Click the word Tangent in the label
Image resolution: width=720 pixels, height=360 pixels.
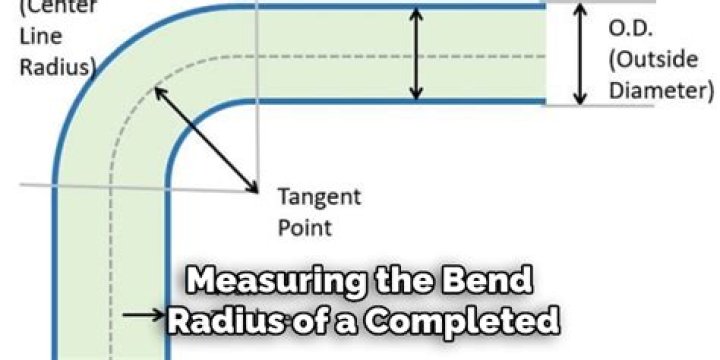(x=319, y=196)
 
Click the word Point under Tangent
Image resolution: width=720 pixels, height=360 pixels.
(x=304, y=226)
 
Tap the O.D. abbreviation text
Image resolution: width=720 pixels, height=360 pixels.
(x=632, y=29)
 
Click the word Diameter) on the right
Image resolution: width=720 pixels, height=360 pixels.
(x=660, y=90)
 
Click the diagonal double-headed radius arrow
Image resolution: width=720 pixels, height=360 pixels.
(x=204, y=138)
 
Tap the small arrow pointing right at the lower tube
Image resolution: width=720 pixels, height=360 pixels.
(x=144, y=314)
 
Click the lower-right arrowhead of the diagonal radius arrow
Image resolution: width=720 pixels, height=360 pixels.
(x=251, y=187)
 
